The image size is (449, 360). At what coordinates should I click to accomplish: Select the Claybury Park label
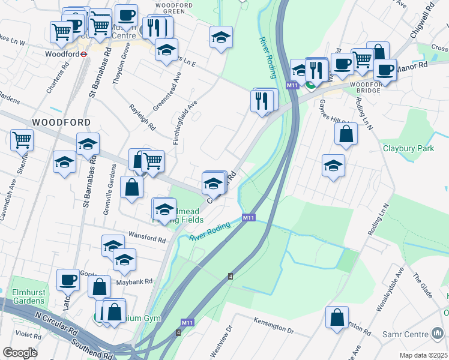[408, 147]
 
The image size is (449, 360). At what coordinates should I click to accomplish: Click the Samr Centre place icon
[438, 333]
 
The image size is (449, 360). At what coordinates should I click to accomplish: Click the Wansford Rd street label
[145, 239]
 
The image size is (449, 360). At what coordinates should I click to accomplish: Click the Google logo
[19, 353]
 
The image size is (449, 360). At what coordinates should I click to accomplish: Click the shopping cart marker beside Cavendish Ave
[22, 140]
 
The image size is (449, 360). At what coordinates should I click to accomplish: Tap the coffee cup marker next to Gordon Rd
[68, 279]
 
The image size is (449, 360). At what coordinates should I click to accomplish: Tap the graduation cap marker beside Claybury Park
[333, 166]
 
